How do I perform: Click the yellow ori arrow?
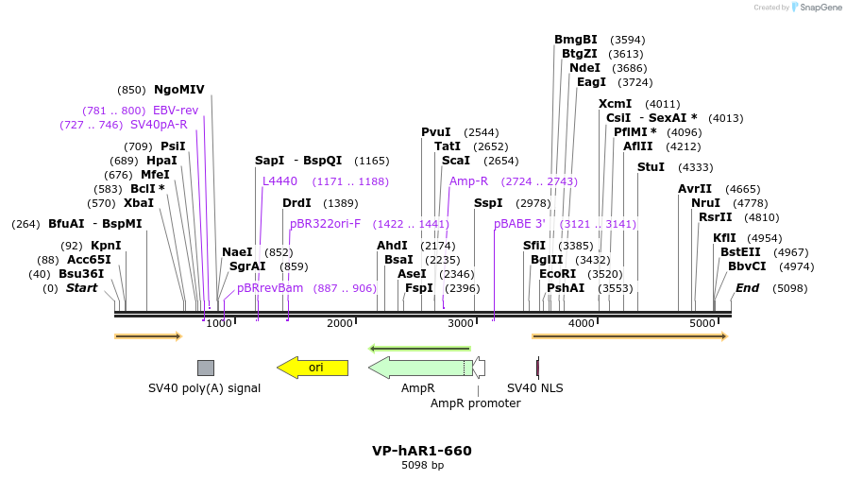[x=313, y=368]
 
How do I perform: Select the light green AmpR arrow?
[x=419, y=368]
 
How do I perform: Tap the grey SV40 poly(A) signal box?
[x=205, y=368]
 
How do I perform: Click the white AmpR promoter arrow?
[x=479, y=368]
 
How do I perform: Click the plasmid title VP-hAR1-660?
[x=422, y=451]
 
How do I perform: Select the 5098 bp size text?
[x=422, y=465]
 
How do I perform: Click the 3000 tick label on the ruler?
[x=460, y=324]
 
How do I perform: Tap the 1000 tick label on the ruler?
[x=219, y=324]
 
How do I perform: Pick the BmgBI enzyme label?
[x=576, y=40]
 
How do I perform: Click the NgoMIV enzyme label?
[x=179, y=90]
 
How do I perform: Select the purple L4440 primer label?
[x=279, y=181]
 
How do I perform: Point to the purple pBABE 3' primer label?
[x=520, y=224]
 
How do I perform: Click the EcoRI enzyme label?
[x=557, y=274]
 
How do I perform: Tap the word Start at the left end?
[x=81, y=288]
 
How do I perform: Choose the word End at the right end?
[x=747, y=288]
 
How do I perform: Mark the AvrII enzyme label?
[x=695, y=189]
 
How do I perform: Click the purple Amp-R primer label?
[x=468, y=181]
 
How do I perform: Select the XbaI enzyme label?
[x=139, y=203]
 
